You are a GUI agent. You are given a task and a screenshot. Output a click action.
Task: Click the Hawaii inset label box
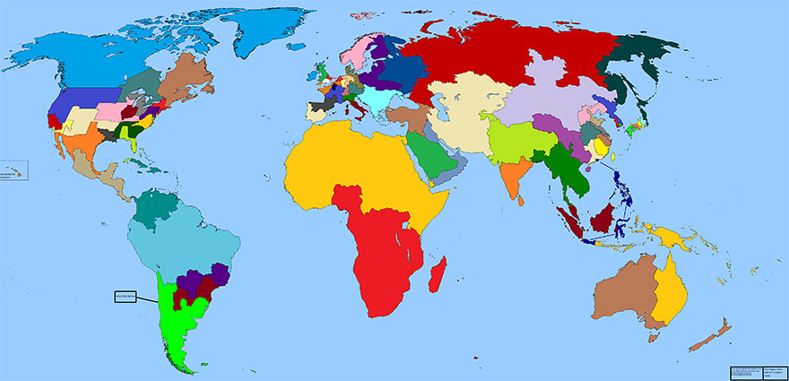tap(14, 170)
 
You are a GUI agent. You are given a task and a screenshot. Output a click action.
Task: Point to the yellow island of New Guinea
tap(668, 237)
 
